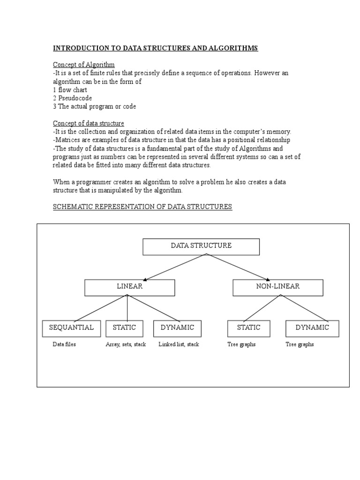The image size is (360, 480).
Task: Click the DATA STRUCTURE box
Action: [201, 246]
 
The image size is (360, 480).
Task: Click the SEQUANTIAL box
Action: [71, 328]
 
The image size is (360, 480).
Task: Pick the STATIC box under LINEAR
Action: [124, 328]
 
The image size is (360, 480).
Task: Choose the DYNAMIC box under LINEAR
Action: [177, 328]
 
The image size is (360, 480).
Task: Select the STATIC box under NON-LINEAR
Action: [248, 328]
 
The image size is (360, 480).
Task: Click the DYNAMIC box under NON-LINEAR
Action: [312, 328]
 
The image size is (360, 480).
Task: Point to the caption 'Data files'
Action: [64, 345]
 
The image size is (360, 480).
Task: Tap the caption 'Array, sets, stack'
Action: [126, 345]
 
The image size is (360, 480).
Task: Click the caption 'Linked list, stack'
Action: [179, 345]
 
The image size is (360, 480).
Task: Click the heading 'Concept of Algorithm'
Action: [84, 64]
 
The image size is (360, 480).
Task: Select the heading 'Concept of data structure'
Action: [89, 123]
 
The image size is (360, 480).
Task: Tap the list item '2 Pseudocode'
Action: [72, 98]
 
